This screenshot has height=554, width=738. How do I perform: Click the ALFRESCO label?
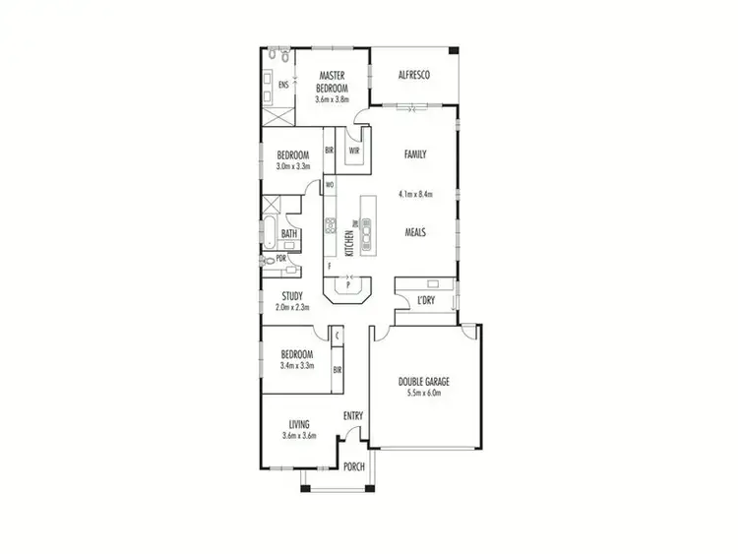413,76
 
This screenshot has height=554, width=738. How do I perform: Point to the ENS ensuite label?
283,85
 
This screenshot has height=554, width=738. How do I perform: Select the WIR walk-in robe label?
353,151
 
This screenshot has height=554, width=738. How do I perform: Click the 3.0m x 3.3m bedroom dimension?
293,166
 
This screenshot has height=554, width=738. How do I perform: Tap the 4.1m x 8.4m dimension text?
416,194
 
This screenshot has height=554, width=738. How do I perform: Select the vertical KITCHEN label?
349,236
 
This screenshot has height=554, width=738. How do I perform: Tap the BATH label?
289,234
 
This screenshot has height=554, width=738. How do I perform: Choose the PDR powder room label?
281,259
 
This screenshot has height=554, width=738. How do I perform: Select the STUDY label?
291,296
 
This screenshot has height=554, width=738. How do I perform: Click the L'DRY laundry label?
426,299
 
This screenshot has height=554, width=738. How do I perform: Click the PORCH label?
352,466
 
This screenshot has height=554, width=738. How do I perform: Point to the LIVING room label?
299,424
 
